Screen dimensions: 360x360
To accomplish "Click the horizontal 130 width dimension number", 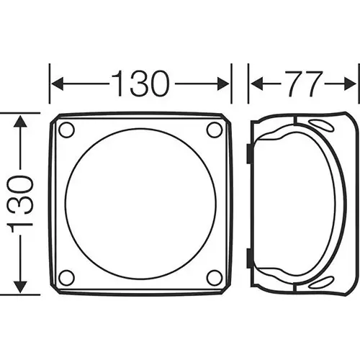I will point(140,84).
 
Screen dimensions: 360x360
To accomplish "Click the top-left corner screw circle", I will point(66,130).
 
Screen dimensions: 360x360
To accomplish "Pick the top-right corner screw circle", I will point(214,130).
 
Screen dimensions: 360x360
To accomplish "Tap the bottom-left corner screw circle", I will point(66,277).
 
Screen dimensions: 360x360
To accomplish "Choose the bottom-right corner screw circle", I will point(214,277).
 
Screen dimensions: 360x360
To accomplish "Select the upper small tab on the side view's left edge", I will point(249,152).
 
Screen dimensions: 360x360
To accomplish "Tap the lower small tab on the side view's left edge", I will point(249,256).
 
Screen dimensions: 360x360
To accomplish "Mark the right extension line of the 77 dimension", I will point(357,86).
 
